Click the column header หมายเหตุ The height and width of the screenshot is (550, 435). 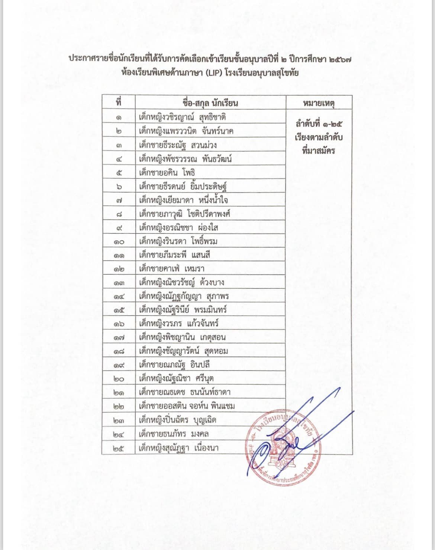tap(319, 103)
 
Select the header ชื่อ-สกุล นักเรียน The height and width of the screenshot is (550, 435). tap(210, 103)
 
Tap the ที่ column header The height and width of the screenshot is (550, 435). tap(119, 102)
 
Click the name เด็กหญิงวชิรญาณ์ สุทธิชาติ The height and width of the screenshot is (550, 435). tap(182, 117)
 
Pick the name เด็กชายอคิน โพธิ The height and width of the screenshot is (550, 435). tap(167, 173)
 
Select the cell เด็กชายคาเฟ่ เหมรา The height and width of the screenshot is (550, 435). tap(171, 269)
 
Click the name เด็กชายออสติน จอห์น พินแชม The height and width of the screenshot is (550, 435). tap(187, 406)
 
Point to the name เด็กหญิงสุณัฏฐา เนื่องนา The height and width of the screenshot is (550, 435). tap(178, 448)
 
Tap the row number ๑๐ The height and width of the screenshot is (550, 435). tap(119, 242)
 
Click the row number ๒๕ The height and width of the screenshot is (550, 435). tap(119, 448)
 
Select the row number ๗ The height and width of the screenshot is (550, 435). tap(119, 201)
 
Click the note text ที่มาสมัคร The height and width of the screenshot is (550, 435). tap(319, 151)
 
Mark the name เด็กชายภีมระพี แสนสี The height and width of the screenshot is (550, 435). tap(174, 255)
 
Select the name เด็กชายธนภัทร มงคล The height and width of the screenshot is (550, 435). tap(174, 434)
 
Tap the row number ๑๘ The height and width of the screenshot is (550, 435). tap(119, 352)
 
